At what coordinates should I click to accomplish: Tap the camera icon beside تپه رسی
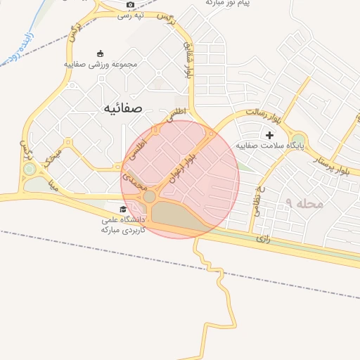[x=130, y=5]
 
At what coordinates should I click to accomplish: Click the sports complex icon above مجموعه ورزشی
[x=100, y=53]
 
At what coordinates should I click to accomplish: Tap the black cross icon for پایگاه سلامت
[x=269, y=135]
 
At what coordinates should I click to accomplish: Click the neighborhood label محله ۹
[x=304, y=203]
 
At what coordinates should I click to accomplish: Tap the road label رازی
[x=264, y=239]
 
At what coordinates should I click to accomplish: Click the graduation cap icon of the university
[x=123, y=210]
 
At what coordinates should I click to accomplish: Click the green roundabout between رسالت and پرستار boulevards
[x=299, y=140]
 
